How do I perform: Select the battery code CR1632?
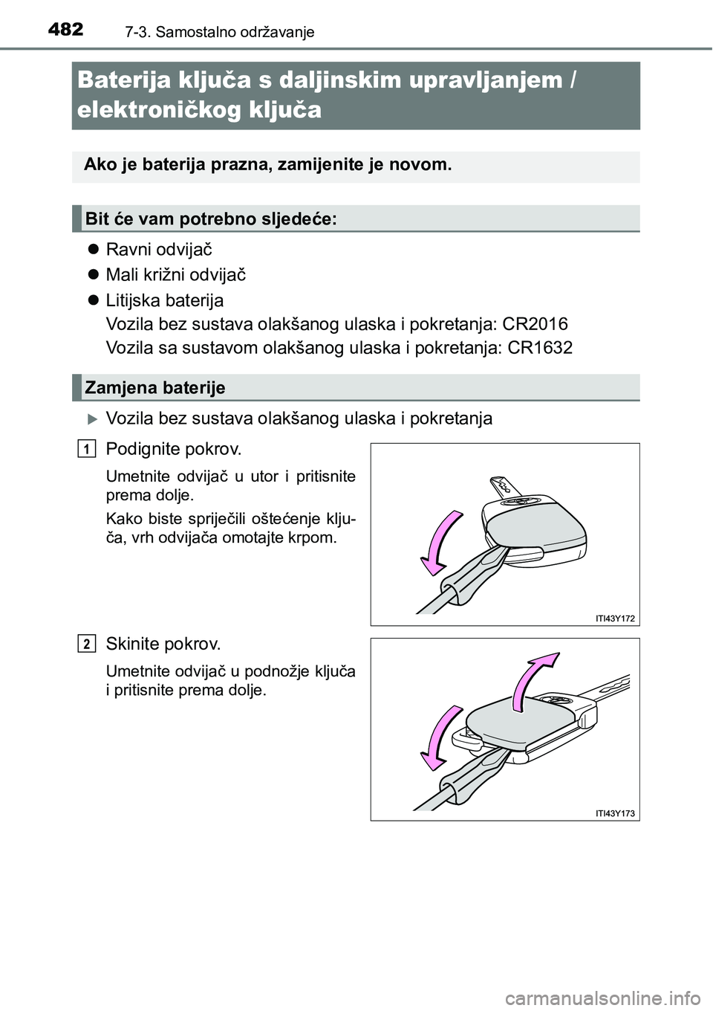click(539, 348)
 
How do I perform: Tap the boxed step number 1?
click(88, 448)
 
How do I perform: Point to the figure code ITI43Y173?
click(615, 813)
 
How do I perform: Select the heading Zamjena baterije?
click(155, 387)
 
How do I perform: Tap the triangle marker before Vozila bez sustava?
click(93, 419)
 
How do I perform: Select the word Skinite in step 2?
click(132, 644)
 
